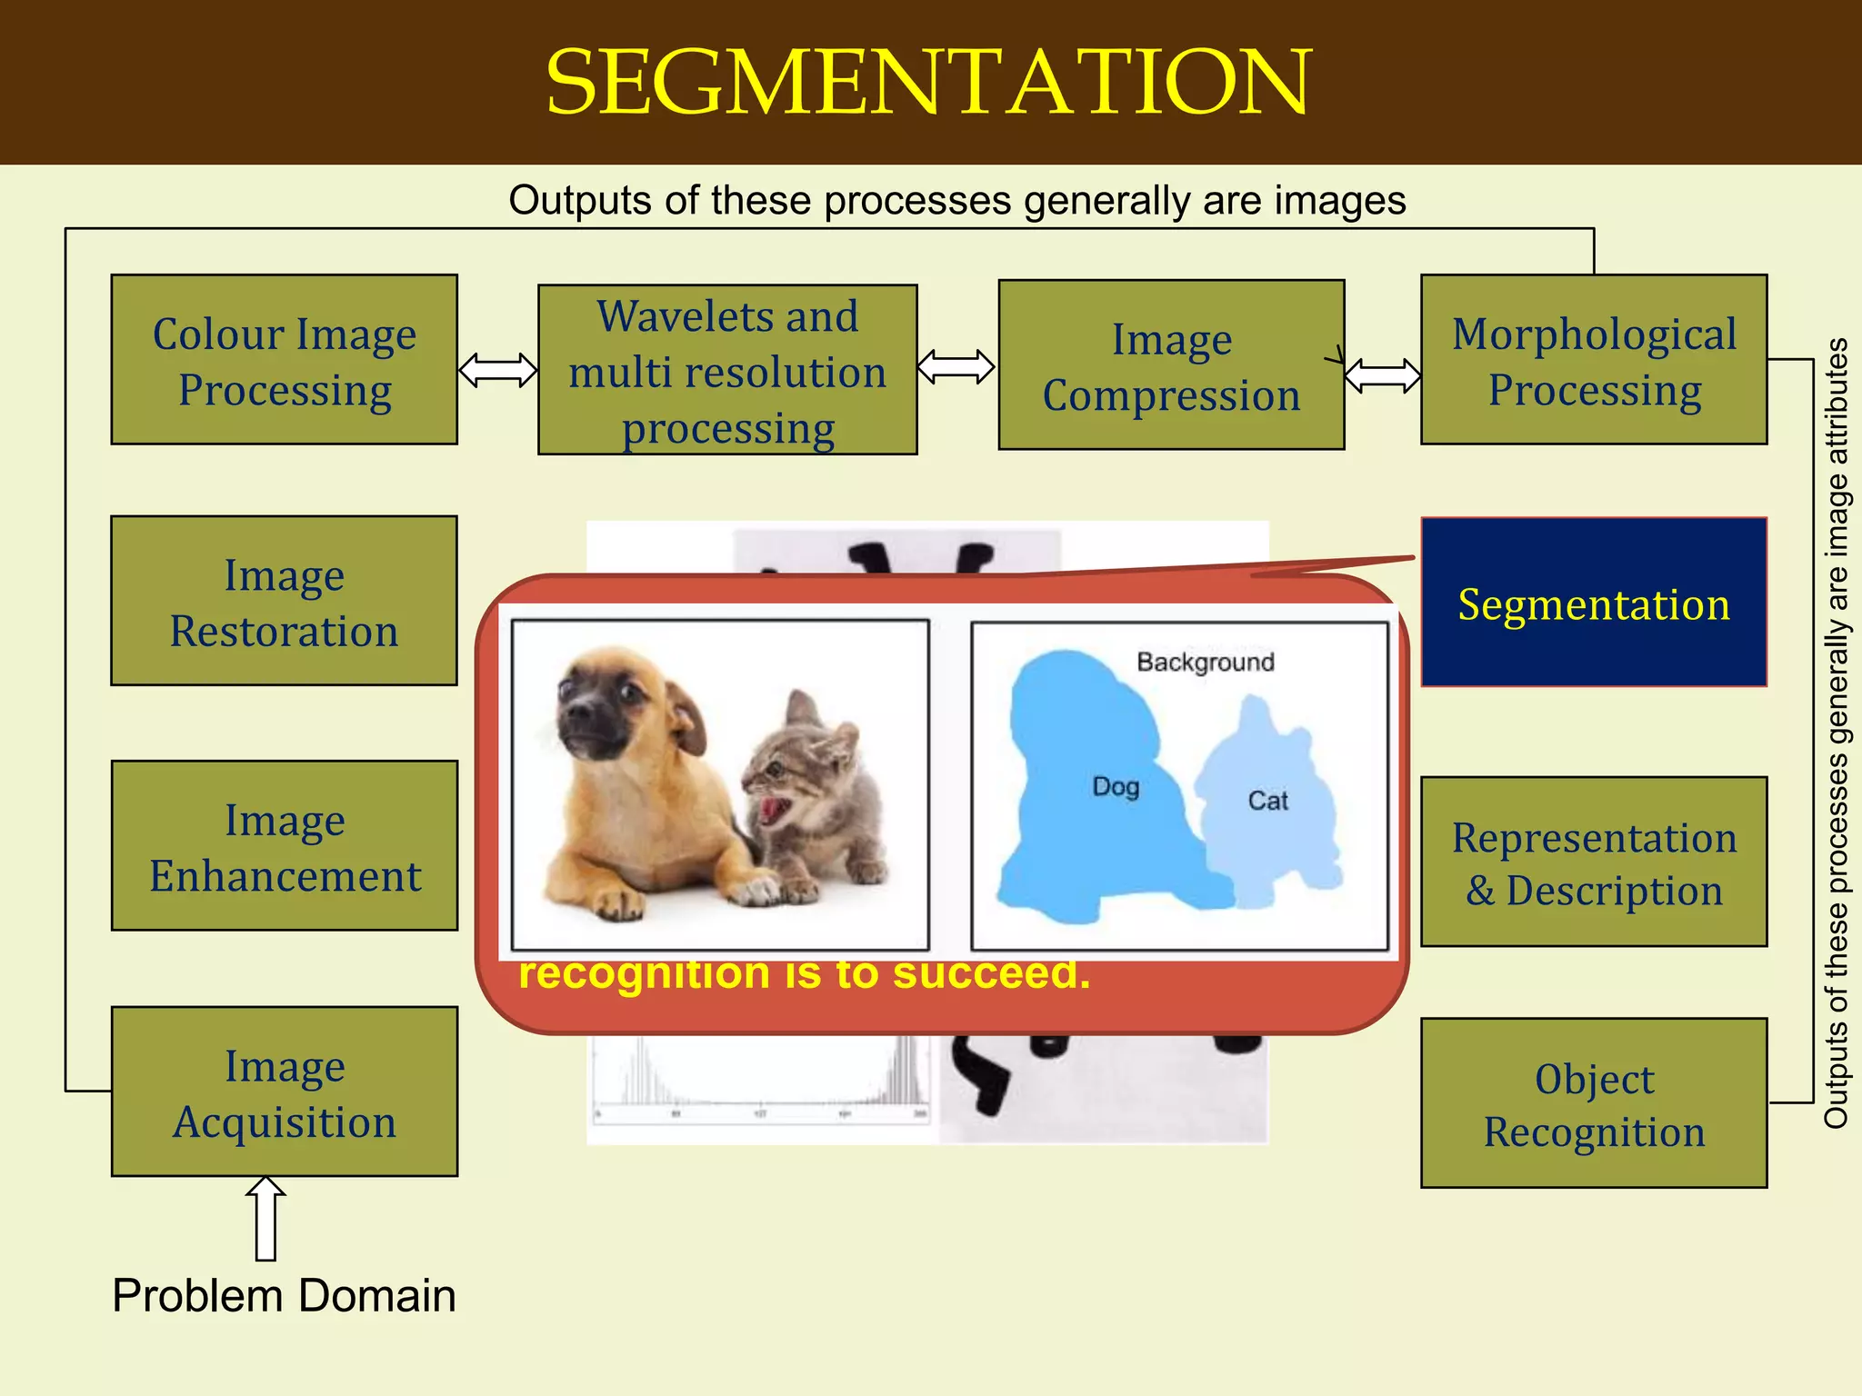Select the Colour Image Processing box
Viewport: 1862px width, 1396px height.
(284, 360)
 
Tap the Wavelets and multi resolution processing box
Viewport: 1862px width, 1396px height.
(727, 370)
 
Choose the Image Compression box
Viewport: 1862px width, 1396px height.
(1171, 365)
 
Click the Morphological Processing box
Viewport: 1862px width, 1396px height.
(1594, 360)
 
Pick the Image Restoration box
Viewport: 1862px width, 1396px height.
(284, 601)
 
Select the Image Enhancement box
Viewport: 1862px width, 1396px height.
(284, 846)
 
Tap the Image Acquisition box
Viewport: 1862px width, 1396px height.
(284, 1092)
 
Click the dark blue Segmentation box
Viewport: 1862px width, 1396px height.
(1594, 603)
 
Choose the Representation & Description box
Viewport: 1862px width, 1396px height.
(1594, 863)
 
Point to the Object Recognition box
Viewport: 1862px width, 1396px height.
(1594, 1103)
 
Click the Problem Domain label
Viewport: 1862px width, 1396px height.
(284, 1295)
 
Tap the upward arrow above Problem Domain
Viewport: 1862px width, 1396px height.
(265, 1218)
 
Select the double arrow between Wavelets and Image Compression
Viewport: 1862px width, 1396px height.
(956, 367)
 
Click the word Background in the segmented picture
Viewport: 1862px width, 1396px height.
(1206, 662)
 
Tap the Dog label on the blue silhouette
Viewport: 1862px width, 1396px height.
(1116, 786)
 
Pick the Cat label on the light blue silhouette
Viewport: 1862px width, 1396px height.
(1267, 801)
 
